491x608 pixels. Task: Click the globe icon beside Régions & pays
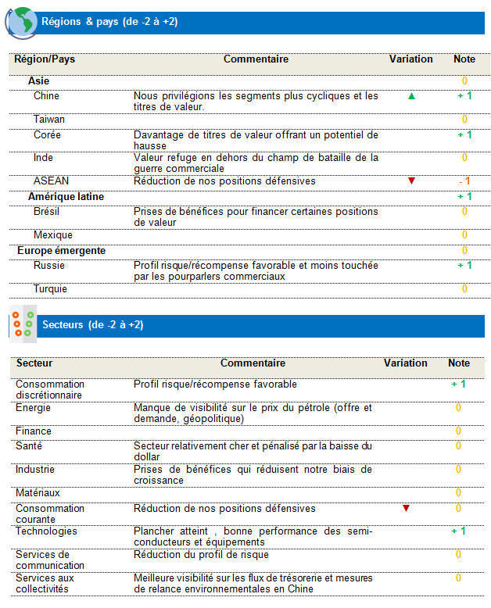[x=21, y=22]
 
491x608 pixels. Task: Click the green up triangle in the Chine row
[x=411, y=96]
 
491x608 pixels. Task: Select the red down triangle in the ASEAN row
[x=411, y=181]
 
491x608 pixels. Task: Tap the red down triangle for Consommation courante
[x=406, y=509]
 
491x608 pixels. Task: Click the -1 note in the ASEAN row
[x=464, y=181]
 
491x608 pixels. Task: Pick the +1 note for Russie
[x=464, y=266]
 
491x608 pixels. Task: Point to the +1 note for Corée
[x=464, y=135]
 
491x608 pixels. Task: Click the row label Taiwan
[x=49, y=120]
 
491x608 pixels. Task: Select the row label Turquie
[x=50, y=289]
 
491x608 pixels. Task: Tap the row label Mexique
[x=53, y=235]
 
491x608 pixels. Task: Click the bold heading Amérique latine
[x=66, y=197]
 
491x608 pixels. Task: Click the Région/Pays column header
[x=45, y=59]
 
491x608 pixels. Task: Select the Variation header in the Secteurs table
[x=406, y=363]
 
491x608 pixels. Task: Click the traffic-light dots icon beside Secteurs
[x=22, y=324]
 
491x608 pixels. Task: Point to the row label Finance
[x=34, y=431]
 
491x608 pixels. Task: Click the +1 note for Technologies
[x=458, y=531]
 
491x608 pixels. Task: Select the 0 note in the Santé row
[x=459, y=446]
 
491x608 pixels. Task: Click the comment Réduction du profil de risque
[x=201, y=555]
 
